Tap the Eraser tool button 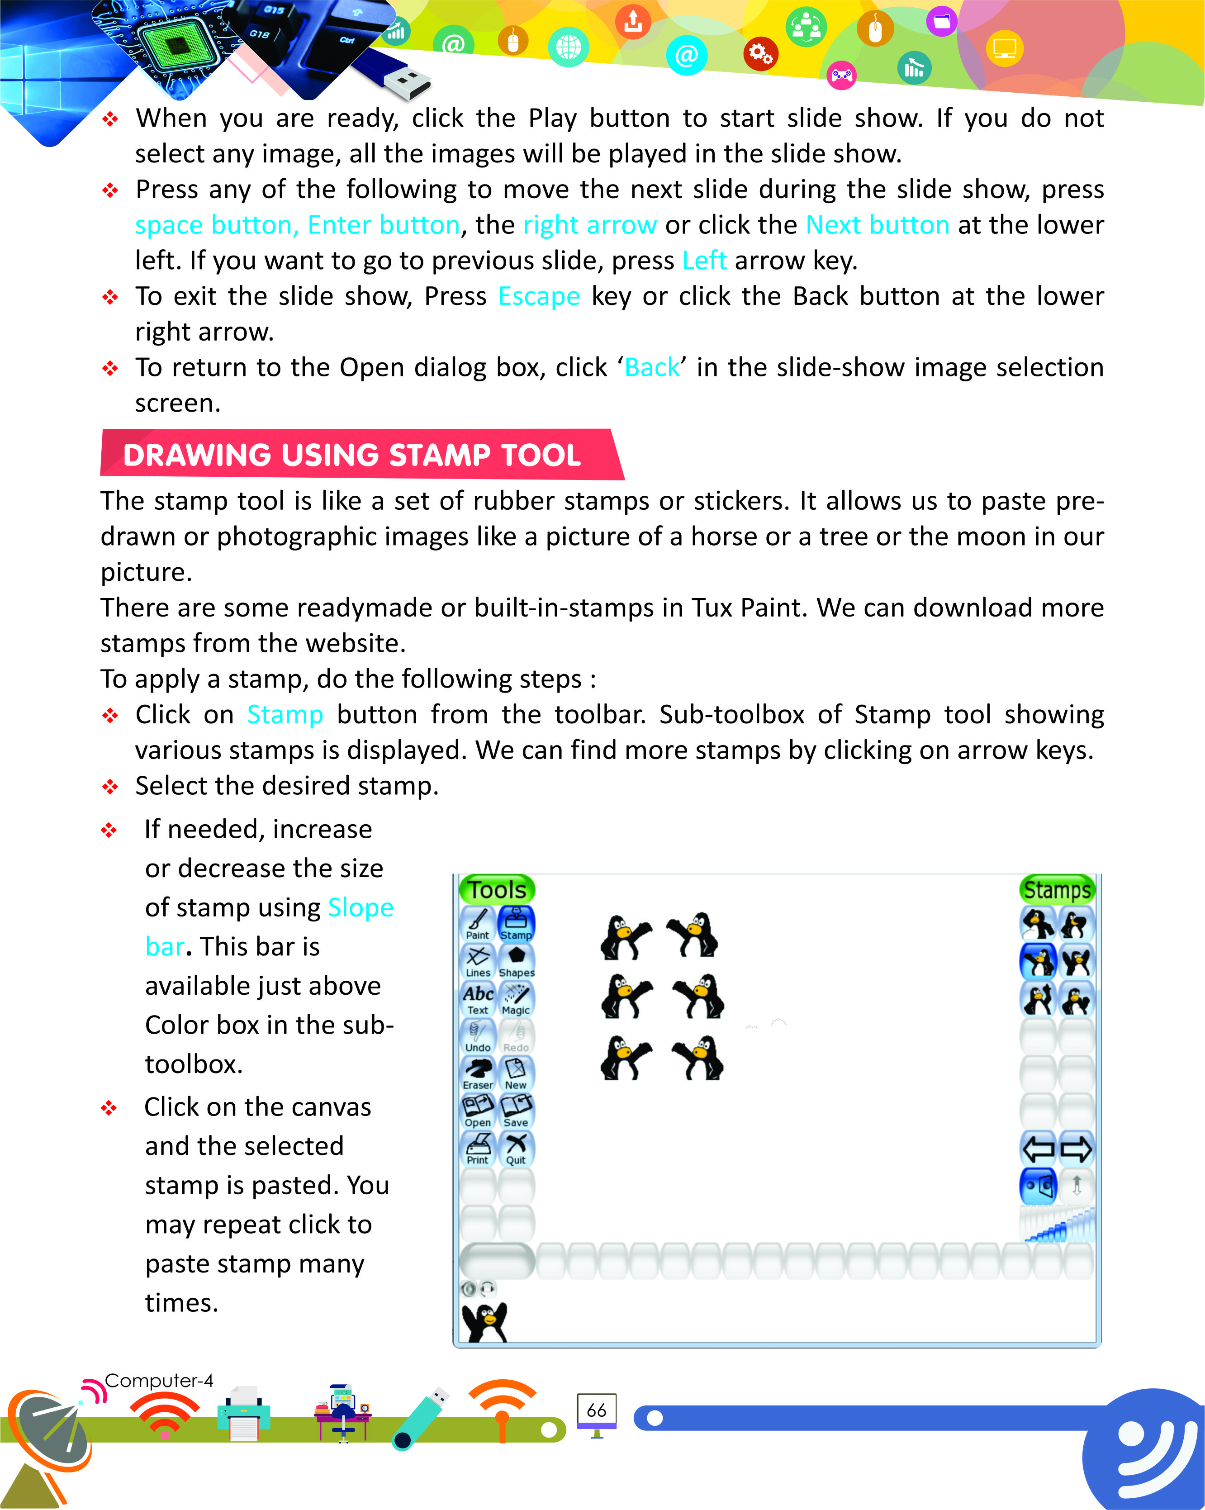[x=478, y=1073]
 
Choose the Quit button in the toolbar [x=516, y=1149]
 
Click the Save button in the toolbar [x=516, y=1111]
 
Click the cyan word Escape [x=538, y=296]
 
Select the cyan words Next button [x=878, y=225]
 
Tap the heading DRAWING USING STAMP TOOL [x=352, y=455]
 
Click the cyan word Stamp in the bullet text [x=285, y=714]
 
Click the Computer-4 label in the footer [x=158, y=1381]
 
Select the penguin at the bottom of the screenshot [x=484, y=1322]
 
